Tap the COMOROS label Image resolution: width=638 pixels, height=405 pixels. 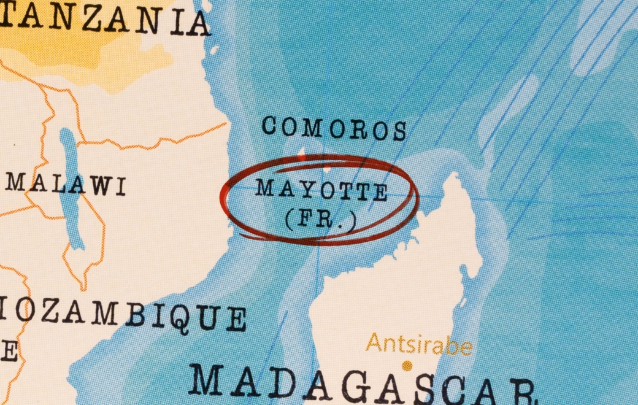tap(334, 128)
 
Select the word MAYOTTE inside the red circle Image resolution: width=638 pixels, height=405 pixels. tap(322, 190)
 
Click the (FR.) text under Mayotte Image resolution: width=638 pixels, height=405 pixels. tap(320, 219)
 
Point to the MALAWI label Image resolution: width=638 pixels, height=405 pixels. tap(66, 184)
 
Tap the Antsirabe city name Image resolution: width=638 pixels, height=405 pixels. tap(419, 345)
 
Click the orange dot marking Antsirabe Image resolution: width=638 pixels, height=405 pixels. tap(406, 366)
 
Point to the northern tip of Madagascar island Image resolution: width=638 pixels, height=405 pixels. tap(455, 177)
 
